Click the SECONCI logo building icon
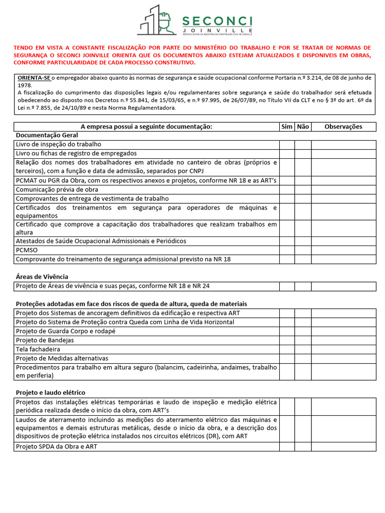[x=157, y=22]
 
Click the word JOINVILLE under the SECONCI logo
[x=217, y=30]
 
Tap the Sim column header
[x=287, y=127]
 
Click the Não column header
[x=303, y=127]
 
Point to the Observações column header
[x=343, y=127]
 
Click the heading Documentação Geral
[x=47, y=135]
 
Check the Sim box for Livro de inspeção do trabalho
[x=287, y=144]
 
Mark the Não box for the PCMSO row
[x=303, y=250]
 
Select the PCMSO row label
[x=27, y=250]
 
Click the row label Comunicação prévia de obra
[x=57, y=190]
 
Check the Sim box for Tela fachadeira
[x=287, y=349]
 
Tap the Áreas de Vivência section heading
[x=42, y=277]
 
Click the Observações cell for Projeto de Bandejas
[x=343, y=340]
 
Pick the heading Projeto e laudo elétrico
[x=51, y=392]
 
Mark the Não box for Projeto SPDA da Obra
[x=303, y=446]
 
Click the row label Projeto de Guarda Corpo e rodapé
[x=66, y=331]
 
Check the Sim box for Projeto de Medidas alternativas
[x=287, y=358]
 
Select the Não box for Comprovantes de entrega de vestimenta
[x=303, y=199]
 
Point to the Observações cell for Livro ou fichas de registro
[x=343, y=153]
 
